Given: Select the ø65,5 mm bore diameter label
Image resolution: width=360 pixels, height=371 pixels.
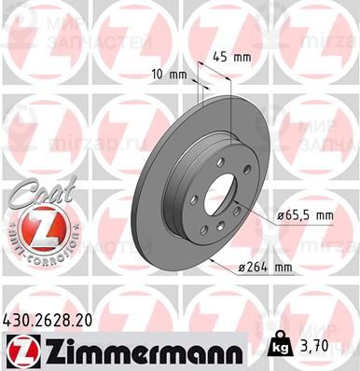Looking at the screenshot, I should point(285,216).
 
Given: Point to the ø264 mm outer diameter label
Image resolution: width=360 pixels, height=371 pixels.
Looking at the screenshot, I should point(265,269).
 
